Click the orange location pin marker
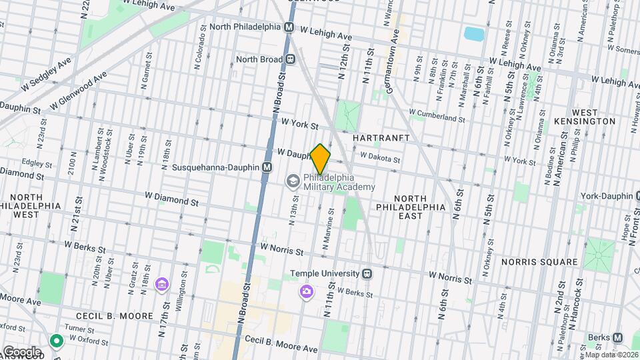321,159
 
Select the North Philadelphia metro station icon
289,27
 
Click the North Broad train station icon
291,59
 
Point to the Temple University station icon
367,273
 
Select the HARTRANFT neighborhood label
380,137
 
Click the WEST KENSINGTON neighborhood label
585,117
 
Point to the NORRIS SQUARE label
539,262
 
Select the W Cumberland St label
437,117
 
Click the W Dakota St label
380,158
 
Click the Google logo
21,351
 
